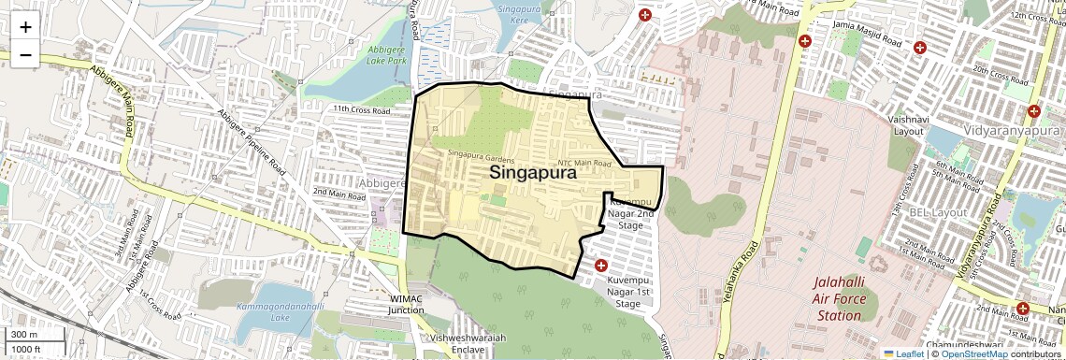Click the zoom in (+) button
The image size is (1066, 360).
(25, 27)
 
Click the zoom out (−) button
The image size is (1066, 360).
(25, 55)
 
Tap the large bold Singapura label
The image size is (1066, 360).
(532, 173)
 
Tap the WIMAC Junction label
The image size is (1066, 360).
(407, 305)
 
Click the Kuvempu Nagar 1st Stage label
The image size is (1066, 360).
(628, 291)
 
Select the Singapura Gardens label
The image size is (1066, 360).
(481, 154)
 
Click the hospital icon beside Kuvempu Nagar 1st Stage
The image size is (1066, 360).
(600, 266)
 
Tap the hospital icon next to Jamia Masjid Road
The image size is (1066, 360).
(805, 41)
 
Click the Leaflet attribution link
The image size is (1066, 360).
(903, 353)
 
